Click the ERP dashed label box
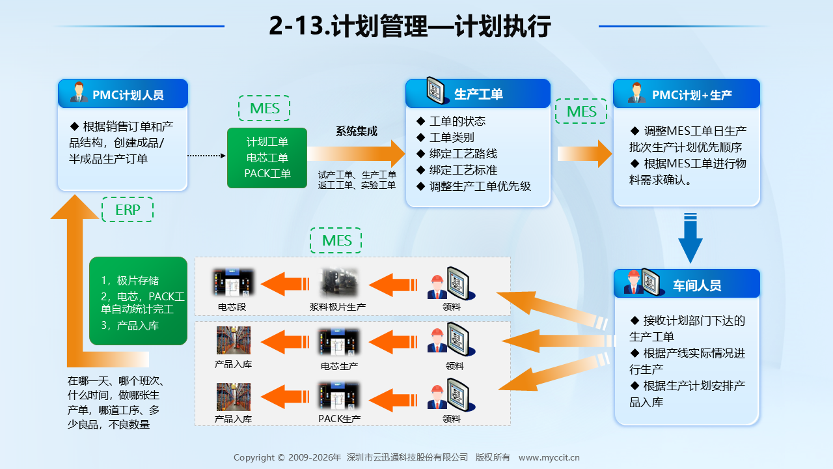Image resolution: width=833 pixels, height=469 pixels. coord(128,210)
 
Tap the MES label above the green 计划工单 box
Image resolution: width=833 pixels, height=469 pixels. coord(264,108)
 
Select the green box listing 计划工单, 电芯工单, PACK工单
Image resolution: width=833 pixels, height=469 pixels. coord(267,158)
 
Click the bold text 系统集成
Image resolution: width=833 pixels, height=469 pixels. coord(356,131)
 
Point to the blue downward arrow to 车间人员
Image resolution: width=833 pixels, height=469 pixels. coord(690,238)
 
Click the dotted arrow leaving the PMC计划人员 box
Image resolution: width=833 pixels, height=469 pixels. coord(207,156)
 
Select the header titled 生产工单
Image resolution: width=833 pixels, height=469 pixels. coord(478,93)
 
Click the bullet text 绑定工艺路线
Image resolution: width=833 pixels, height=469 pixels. coord(463,154)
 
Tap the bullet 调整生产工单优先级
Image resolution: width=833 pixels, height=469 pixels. coord(480,186)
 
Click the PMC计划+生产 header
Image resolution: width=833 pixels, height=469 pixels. coord(687,94)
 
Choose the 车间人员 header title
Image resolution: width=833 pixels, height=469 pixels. coord(696,285)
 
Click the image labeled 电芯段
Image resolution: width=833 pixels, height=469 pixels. coord(233,282)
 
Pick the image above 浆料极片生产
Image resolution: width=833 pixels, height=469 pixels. coord(338,283)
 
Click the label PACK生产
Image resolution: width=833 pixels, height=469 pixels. coord(339,419)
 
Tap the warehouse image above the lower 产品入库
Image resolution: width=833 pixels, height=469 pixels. coord(234,397)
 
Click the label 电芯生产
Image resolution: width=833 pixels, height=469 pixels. coord(339,366)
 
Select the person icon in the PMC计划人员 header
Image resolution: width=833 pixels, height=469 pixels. coord(79,92)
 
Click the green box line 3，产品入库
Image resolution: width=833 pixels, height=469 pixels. coord(130,325)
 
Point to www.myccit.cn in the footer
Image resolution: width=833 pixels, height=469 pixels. coord(549,457)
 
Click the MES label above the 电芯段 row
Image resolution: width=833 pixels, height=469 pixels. coord(336,240)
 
